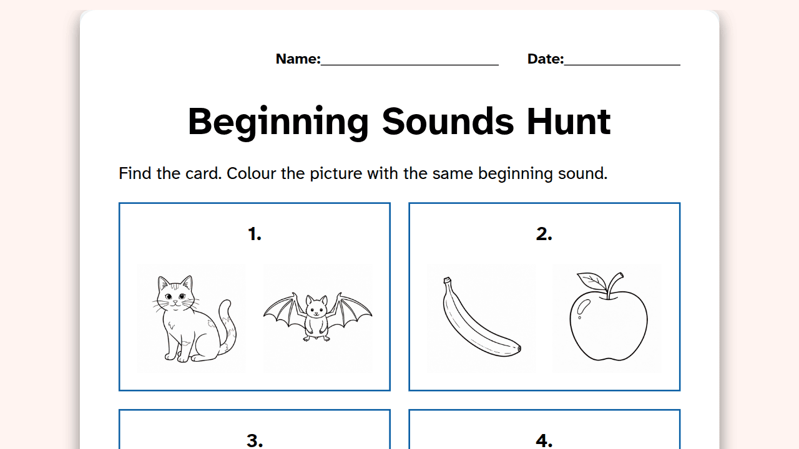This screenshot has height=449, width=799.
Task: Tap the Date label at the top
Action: [x=545, y=59]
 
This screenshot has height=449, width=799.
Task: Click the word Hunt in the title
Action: [x=569, y=122]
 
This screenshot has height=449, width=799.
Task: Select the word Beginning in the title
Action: [x=278, y=123]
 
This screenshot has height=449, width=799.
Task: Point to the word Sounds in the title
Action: [x=448, y=122]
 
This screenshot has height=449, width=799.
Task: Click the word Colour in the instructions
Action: [x=251, y=173]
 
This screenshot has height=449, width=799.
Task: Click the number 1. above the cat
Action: [x=255, y=234]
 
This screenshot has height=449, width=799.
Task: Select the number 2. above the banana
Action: [x=544, y=234]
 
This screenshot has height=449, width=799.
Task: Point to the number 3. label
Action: [x=255, y=441]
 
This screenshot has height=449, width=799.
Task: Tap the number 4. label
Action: [x=544, y=441]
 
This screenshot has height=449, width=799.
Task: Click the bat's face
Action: [x=316, y=309]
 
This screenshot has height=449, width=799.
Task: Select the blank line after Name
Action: [x=409, y=65]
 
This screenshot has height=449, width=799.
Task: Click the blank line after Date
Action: [x=622, y=65]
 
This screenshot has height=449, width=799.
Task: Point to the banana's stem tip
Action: [x=447, y=280]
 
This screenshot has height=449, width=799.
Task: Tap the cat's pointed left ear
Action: [x=162, y=282]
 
